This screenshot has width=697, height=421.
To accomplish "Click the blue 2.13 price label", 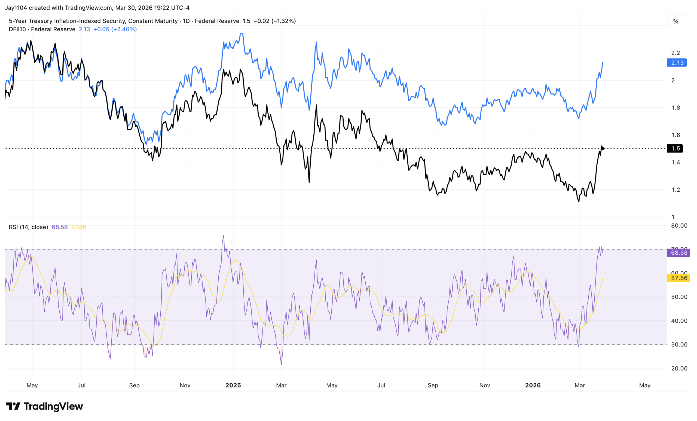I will pos(677,63).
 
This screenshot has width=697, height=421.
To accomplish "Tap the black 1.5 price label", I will pos(675,148).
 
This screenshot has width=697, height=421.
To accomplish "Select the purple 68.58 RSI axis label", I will pos(678,253).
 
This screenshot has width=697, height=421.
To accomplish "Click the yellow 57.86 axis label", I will pos(678,278).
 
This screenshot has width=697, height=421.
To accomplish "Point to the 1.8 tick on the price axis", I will pos(675,108).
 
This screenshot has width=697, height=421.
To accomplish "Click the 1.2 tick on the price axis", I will pos(675,190).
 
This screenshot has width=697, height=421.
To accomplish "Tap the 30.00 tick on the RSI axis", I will pos(679,344).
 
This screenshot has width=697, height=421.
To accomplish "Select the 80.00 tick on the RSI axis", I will pos(679,225).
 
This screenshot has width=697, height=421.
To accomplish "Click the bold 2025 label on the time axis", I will pos(233,385).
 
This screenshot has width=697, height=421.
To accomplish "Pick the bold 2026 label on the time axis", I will pos(533,385).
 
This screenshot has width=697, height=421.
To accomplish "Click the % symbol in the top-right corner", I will pos(675,22).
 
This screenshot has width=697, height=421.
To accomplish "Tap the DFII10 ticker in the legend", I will pos(17,29).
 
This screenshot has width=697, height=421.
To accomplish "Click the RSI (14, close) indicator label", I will pos(28,227).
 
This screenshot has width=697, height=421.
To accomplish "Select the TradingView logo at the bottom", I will pos(44,406).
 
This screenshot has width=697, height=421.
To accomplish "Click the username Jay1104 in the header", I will pos(16,8).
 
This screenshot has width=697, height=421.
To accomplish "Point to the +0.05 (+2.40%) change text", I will pos(115,29).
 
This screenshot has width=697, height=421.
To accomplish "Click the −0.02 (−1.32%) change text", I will pos(274,21).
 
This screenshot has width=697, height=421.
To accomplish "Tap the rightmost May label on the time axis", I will pos(645,385).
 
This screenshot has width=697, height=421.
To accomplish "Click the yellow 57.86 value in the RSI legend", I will pos(79,227).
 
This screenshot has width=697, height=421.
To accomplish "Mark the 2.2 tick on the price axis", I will pos(675,53).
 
